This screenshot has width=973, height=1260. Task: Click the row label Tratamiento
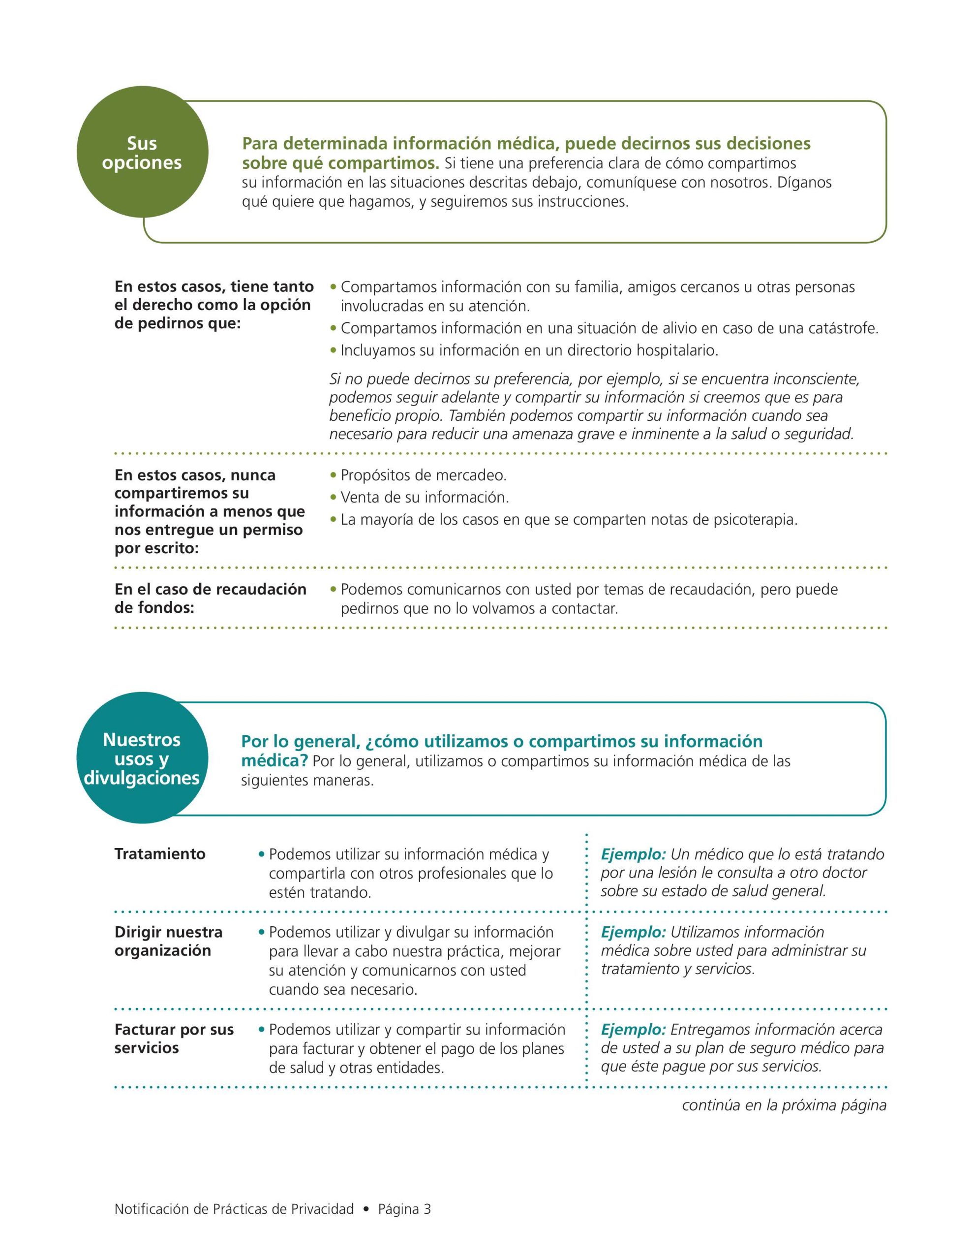(x=160, y=854)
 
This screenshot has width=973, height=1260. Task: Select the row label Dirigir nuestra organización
(x=168, y=941)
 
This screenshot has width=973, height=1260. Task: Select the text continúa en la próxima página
(x=784, y=1105)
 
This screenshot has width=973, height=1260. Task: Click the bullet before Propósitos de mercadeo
(x=333, y=475)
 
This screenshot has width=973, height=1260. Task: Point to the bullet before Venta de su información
(x=333, y=497)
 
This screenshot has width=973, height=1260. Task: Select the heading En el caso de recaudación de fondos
(x=210, y=598)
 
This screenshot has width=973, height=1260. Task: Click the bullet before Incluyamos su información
(x=333, y=350)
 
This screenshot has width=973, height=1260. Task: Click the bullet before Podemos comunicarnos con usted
(x=333, y=590)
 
